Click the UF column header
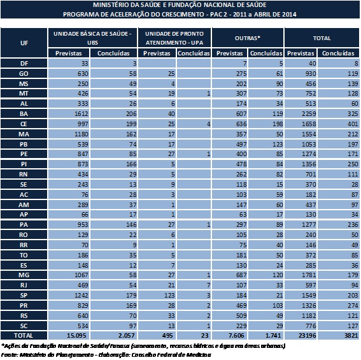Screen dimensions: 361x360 pyautogui.click(x=24, y=43)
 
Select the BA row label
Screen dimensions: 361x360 pyautogui.click(x=24, y=114)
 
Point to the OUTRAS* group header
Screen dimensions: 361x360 pyautogui.click(x=248, y=38)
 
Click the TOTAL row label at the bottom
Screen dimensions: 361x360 pyautogui.click(x=24, y=336)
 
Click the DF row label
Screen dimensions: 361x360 pyautogui.click(x=24, y=63)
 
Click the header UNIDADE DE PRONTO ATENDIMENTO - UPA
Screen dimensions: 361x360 pyautogui.click(x=174, y=38)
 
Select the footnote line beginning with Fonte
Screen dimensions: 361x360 pyautogui.click(x=106, y=354)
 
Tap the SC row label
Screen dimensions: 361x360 pyautogui.click(x=24, y=326)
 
